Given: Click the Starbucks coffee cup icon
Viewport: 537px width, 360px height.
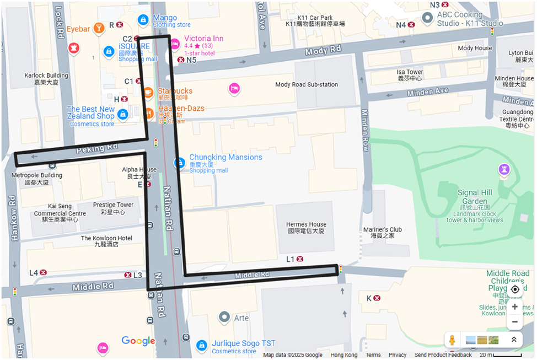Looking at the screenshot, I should pos(148,92).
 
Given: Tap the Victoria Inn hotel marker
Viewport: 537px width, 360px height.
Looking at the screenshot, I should pos(175,44).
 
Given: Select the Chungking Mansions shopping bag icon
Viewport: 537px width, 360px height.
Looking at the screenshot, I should pos(179,163).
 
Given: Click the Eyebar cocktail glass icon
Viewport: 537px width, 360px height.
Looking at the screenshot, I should pos(99,28).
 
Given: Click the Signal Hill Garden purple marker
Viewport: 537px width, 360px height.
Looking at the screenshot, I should pos(503,170).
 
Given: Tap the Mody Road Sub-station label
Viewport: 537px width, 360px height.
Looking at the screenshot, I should pos(307,85).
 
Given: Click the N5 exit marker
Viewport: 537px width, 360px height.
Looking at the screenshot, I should pos(181,60).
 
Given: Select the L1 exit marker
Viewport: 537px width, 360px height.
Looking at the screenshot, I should pos(301,259).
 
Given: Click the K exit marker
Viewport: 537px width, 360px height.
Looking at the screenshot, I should pos(377,298).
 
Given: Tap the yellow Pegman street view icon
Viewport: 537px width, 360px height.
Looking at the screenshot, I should pos(453,340).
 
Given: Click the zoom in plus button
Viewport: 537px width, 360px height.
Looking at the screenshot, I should pos(514,307).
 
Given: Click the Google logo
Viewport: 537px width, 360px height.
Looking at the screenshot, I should pos(138,341).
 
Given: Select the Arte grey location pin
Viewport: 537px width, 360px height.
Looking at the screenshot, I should pos(224,318).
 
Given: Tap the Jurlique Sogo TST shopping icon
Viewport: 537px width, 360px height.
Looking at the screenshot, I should pos(202,346).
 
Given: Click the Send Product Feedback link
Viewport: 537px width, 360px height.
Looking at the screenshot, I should pos(443,355).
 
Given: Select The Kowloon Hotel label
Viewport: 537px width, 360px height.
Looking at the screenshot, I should pos(106,241).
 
